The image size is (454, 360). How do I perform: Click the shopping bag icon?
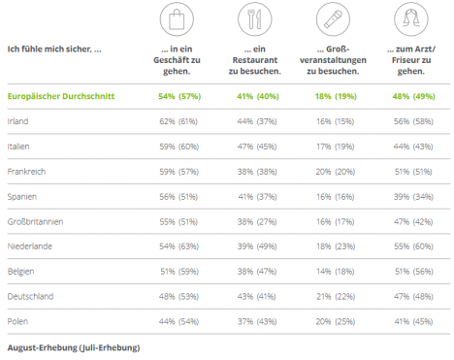[177, 19]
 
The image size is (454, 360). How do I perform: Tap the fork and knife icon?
[255, 19]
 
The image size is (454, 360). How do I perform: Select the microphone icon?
[333, 19]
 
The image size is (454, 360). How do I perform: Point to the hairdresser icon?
[411, 19]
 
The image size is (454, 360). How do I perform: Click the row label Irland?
[17, 121]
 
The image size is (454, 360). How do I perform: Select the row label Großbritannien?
[35, 221]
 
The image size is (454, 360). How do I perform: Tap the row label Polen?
[17, 321]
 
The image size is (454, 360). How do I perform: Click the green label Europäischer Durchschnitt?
[61, 96]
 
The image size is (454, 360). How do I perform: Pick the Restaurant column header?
[255, 60]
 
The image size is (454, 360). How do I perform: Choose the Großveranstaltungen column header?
[333, 60]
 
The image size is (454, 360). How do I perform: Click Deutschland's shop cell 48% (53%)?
[178, 297]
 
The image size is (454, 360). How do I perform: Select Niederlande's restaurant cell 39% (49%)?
[257, 246]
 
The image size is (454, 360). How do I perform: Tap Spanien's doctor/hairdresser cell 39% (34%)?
[413, 197]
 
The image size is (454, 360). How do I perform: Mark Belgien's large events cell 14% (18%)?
[336, 272]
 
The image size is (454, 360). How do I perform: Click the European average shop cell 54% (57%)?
[179, 96]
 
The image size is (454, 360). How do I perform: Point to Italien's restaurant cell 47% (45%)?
[257, 147]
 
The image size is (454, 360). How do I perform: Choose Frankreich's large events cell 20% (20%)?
[336, 172]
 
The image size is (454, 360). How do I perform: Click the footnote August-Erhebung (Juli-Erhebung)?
[74, 347]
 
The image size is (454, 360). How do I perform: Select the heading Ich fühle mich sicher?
[54, 49]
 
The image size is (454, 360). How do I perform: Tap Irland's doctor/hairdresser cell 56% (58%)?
[413, 121]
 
